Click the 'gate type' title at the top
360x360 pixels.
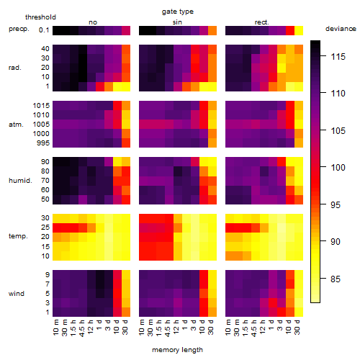[178, 12]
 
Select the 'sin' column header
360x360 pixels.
[177, 22]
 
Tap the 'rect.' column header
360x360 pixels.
[261, 22]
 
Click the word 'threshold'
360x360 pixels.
[40, 17]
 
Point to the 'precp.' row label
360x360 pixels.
[19, 29]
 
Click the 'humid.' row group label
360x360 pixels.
[20, 180]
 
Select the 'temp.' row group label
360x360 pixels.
[18, 236]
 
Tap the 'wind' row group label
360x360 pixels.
[17, 294]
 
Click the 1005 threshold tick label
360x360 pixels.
[41, 125]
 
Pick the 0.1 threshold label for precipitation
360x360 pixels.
[44, 30]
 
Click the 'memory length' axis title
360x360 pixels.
[177, 350]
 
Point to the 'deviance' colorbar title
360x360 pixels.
[341, 29]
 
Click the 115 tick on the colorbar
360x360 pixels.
[338, 57]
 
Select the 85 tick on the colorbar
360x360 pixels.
[336, 279]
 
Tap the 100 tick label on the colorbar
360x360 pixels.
[338, 167]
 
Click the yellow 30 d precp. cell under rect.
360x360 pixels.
[299, 30]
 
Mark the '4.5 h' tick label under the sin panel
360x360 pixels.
[168, 328]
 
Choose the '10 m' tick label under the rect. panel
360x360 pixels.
[228, 328]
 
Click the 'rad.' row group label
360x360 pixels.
[15, 68]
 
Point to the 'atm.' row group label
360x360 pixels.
[16, 125]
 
